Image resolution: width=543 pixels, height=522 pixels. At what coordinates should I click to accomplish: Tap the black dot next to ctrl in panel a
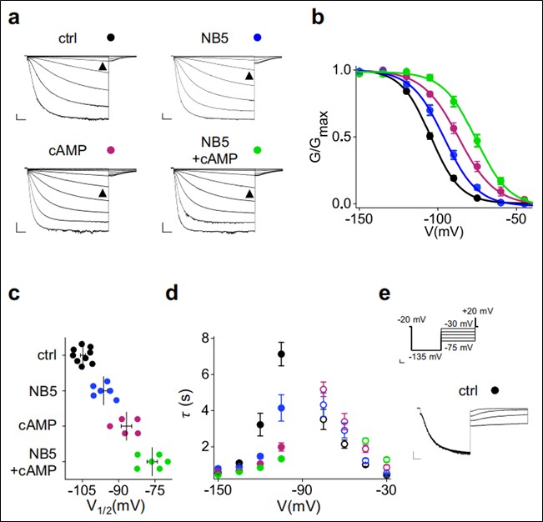click(x=111, y=38)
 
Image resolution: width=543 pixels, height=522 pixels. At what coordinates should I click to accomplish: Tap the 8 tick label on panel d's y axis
click(x=201, y=339)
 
